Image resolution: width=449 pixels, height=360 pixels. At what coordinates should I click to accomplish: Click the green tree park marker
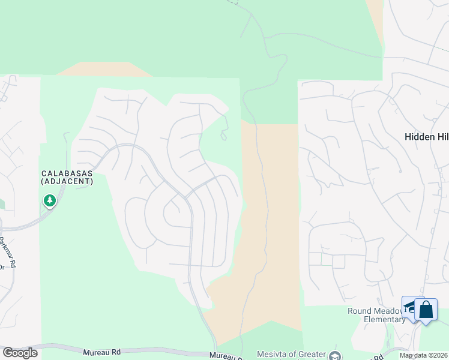(50, 200)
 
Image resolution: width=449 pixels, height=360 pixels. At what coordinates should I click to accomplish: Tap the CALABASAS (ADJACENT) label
(67, 177)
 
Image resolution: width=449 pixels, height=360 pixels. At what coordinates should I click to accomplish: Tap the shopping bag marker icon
(426, 310)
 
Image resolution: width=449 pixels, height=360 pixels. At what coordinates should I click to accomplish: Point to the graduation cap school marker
(410, 307)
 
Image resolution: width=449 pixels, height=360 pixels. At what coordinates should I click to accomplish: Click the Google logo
(20, 353)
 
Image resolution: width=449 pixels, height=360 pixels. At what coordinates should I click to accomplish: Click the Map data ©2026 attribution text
(423, 355)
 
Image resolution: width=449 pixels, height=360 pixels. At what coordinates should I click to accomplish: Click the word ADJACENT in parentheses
(67, 181)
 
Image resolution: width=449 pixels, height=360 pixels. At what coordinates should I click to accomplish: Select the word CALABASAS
(67, 173)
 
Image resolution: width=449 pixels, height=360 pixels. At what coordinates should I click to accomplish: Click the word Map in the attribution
(407, 355)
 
